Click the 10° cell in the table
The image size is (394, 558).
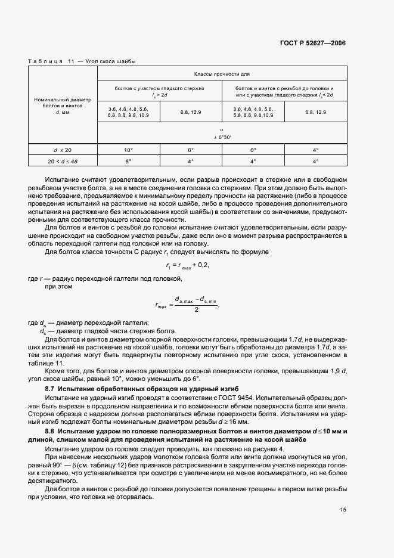pyautogui.click(x=129, y=149)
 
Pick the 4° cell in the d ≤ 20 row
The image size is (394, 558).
pyautogui.click(x=316, y=149)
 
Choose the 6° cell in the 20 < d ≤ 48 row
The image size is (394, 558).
pyautogui.click(x=129, y=160)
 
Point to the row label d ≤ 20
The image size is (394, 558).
pyautogui.click(x=63, y=149)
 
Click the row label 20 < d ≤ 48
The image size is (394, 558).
pyautogui.click(x=63, y=160)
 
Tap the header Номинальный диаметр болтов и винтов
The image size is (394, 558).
pyautogui.click(x=63, y=104)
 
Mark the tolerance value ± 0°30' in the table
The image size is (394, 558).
pyautogui.click(x=221, y=137)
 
